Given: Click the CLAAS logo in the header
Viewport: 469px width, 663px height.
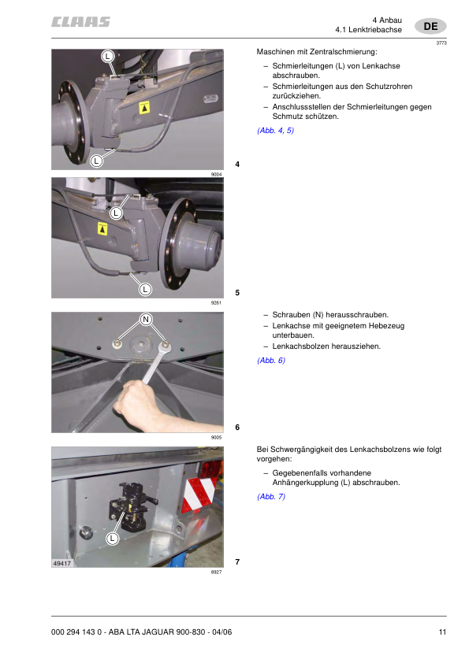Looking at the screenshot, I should coord(81,22).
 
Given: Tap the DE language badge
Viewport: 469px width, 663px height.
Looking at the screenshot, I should coord(430,26).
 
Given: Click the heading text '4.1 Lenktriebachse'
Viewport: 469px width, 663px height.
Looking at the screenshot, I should coord(368,29).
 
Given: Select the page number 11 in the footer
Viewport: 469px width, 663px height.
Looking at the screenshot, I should coord(442,632).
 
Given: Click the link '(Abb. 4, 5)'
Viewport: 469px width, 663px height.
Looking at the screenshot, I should coord(275,130).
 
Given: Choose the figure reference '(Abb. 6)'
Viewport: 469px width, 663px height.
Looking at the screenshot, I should coord(271,360).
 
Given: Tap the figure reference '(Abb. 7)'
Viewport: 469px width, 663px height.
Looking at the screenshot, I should coord(271,497).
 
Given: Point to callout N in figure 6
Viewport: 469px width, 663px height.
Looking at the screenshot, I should coord(146,319).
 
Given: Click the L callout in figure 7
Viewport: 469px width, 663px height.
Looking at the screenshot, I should coord(113,538).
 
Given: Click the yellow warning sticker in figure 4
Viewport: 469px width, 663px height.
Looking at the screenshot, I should coord(144,106).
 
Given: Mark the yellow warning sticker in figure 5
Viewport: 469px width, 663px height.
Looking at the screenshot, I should coord(102,228).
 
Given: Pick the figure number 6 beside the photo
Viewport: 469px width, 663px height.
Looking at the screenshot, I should coord(237,428).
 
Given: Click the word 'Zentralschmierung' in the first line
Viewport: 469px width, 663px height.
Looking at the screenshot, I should coord(344,52).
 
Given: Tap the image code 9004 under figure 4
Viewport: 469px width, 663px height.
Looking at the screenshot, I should coord(216,174).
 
